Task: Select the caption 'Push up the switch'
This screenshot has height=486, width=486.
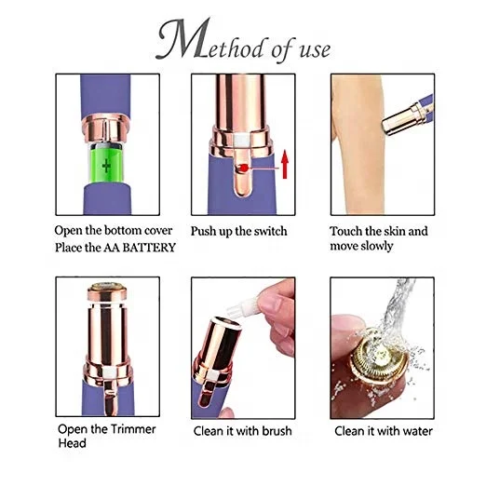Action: tap(239, 231)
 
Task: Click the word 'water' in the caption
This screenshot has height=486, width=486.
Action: tap(414, 431)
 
